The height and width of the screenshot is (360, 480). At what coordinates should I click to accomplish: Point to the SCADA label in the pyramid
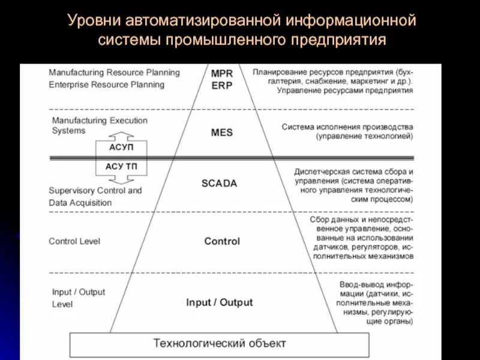[220, 184]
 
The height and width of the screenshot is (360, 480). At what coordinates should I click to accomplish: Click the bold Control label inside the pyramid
[222, 241]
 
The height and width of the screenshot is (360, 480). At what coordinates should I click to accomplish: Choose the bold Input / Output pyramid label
[220, 302]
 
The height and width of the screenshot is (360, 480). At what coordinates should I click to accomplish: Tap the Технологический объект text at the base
[220, 344]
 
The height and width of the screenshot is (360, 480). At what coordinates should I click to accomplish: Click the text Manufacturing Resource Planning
[115, 73]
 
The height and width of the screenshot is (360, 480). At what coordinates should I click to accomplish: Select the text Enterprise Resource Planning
[107, 85]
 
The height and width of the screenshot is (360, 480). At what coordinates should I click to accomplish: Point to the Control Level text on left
[74, 241]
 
